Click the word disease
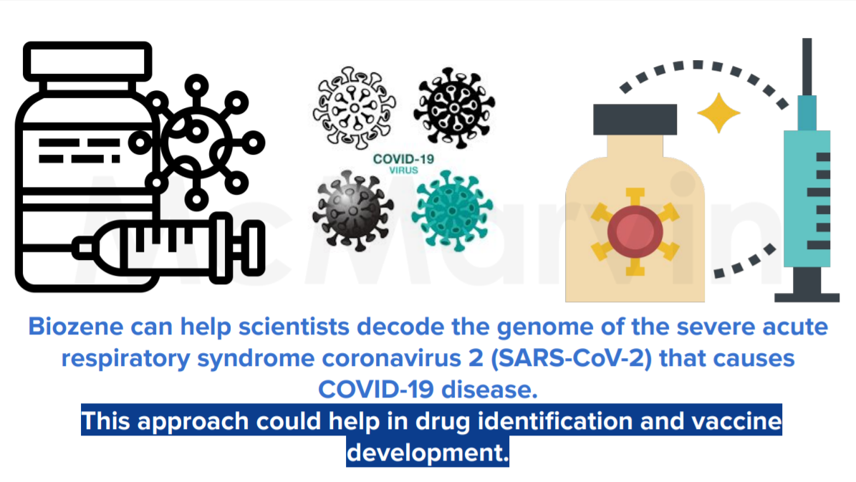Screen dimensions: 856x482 pos(489,390)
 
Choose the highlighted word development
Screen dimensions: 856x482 pos(428,453)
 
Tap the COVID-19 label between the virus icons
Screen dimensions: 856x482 pos(403,159)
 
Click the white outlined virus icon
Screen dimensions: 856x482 pos(354,108)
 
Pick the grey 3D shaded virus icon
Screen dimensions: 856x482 pos(352,211)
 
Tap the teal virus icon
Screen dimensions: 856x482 pos(452,211)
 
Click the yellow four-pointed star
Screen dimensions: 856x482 pos(718,113)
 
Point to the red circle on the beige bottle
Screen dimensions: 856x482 pos(635,231)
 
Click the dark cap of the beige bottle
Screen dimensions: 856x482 pos(635,120)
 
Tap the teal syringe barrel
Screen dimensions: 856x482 pos(807,198)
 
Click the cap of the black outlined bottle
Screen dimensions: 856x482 pos(87,61)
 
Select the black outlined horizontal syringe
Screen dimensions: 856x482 pos(168,249)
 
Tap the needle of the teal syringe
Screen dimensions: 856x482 pos(807,67)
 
